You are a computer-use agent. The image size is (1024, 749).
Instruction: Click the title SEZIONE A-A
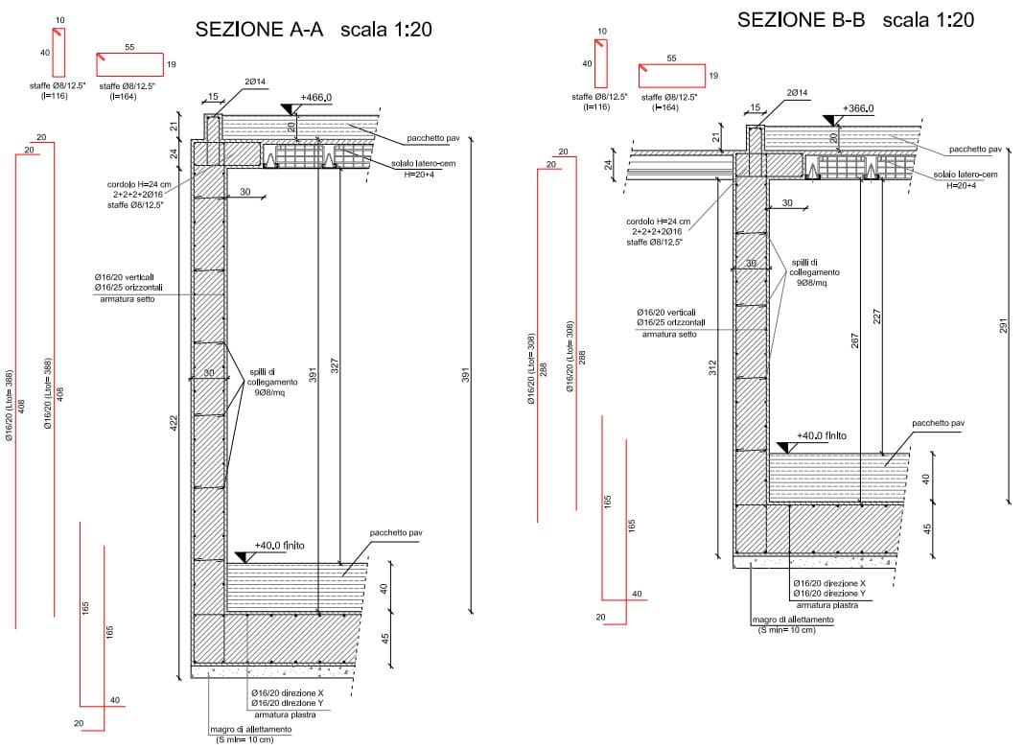[x=258, y=30]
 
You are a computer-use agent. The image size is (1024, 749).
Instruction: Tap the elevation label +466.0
[x=315, y=98]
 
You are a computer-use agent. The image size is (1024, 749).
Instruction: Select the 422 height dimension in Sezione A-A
[x=174, y=422]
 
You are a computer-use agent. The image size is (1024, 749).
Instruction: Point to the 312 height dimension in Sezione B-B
[x=712, y=366]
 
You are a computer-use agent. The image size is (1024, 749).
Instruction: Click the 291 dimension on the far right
[x=1004, y=326]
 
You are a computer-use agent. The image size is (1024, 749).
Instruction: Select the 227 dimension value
[x=876, y=316]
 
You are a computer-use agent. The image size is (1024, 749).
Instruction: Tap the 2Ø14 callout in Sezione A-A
[x=255, y=82]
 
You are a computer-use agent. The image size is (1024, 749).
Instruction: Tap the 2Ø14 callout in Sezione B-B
[x=798, y=92]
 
